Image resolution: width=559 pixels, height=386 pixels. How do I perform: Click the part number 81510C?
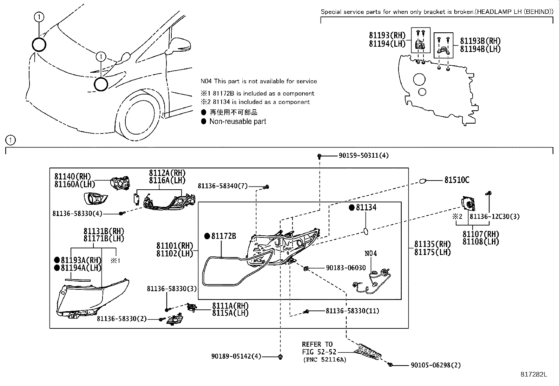(x=456, y=180)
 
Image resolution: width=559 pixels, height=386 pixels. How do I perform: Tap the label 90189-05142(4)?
(x=236, y=356)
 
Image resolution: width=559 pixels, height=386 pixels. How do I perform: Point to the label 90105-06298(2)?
(x=435, y=365)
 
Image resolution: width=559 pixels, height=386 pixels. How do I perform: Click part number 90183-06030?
(x=346, y=268)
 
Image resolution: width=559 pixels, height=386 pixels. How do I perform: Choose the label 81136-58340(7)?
(x=223, y=186)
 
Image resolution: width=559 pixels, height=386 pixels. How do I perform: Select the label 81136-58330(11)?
(x=352, y=311)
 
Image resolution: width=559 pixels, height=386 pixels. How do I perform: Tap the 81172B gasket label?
(x=224, y=236)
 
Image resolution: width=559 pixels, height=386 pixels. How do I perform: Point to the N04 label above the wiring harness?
(x=370, y=253)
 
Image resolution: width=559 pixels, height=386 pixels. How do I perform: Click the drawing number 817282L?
(x=534, y=374)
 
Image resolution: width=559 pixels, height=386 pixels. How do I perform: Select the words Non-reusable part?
(x=238, y=122)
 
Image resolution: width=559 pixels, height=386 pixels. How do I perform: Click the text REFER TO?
(x=317, y=344)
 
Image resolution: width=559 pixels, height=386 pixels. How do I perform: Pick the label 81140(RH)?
(x=72, y=176)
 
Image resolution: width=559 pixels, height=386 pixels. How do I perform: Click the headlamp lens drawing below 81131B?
(x=93, y=297)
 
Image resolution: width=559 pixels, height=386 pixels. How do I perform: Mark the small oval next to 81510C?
(x=422, y=181)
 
